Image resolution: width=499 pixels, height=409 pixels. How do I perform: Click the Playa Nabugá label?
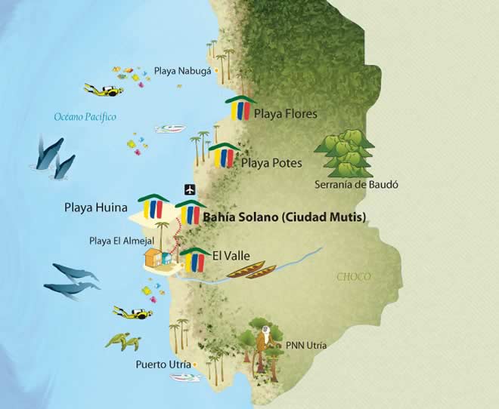(182, 72)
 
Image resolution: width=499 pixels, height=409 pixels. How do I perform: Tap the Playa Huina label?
(95, 204)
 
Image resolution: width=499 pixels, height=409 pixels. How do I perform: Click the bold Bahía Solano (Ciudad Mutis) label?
(285, 217)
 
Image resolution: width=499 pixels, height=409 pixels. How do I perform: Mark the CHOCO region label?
(353, 277)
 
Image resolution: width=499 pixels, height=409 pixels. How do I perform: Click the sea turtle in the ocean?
(122, 342)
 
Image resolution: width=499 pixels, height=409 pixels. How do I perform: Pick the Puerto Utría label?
(163, 365)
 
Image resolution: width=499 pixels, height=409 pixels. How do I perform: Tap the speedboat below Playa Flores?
(170, 129)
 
